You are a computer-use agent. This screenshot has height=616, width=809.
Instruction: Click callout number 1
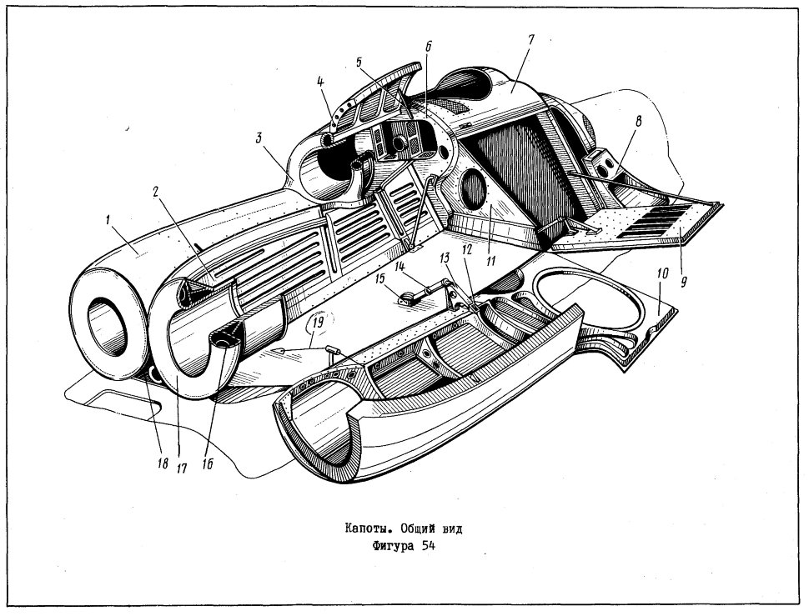tap(108, 221)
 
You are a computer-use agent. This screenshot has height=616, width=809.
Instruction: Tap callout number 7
tap(531, 40)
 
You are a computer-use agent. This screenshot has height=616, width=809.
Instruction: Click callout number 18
tap(163, 463)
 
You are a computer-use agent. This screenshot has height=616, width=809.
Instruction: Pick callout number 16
tap(208, 464)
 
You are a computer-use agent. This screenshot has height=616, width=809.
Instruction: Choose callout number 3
tap(259, 138)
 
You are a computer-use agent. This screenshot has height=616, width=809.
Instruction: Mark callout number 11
tap(490, 262)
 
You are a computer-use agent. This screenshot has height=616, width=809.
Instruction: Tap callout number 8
tap(638, 123)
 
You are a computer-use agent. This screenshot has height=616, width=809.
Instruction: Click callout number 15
tap(379, 279)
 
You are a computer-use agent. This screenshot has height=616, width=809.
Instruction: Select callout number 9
tap(684, 283)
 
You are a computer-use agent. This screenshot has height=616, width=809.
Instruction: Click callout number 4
tap(320, 82)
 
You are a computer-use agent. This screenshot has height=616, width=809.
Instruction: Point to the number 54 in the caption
tap(428, 547)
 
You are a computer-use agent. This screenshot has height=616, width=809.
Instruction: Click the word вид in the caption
tap(451, 528)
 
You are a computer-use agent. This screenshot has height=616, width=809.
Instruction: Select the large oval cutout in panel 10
tap(589, 301)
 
